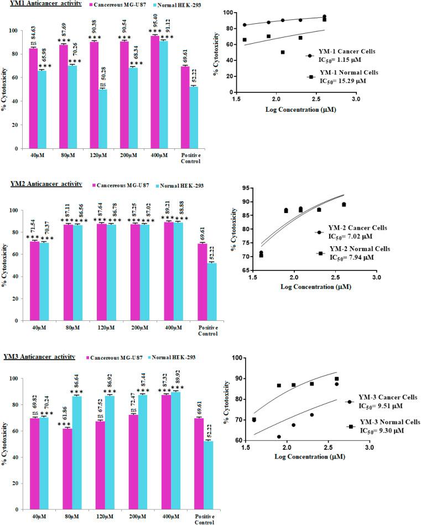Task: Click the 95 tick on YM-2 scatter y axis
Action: (x=243, y=188)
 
